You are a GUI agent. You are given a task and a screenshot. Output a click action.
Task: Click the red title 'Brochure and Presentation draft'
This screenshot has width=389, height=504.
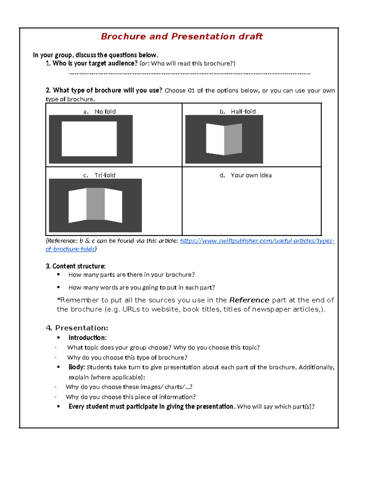182,36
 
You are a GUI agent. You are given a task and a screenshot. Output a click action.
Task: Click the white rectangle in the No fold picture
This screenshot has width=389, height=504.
89,139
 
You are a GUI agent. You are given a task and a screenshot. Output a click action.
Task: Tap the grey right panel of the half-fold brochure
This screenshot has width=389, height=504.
233,139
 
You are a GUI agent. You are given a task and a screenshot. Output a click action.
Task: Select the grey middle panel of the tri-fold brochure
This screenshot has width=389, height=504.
96,204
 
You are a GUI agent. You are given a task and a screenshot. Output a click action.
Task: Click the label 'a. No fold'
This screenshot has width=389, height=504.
100,112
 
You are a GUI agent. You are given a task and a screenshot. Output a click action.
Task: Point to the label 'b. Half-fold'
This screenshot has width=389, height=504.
238,112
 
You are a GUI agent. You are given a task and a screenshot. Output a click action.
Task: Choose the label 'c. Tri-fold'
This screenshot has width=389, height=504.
99,175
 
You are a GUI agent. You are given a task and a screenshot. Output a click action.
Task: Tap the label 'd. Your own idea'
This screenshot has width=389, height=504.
246,175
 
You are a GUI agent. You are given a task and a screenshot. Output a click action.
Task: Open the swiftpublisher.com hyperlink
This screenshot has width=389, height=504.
257,241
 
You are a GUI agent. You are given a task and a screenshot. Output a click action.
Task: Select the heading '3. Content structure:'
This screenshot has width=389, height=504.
76,266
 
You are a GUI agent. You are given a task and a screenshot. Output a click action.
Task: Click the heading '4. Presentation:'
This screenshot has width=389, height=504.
77,328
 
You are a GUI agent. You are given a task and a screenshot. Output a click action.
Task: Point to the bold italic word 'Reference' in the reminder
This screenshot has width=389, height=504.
249,300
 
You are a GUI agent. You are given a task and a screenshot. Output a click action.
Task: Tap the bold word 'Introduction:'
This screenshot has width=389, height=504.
88,338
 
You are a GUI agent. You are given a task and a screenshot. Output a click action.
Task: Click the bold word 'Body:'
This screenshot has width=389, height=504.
77,367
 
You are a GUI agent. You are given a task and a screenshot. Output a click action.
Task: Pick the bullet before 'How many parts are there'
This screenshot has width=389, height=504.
58,275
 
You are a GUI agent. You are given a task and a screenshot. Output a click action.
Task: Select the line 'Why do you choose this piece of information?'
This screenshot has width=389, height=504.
131,397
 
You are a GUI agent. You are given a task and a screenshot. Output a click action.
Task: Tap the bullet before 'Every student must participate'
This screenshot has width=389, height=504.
58,407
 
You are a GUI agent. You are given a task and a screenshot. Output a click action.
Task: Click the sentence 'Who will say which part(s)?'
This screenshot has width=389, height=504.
276,407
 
